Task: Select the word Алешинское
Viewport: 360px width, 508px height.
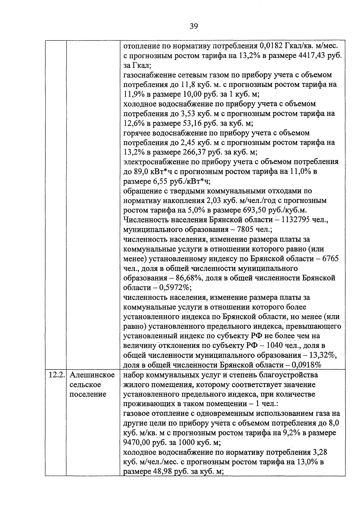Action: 92,375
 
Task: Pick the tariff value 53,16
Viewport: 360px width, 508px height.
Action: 192,123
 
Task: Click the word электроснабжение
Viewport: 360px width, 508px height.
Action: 155,162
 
